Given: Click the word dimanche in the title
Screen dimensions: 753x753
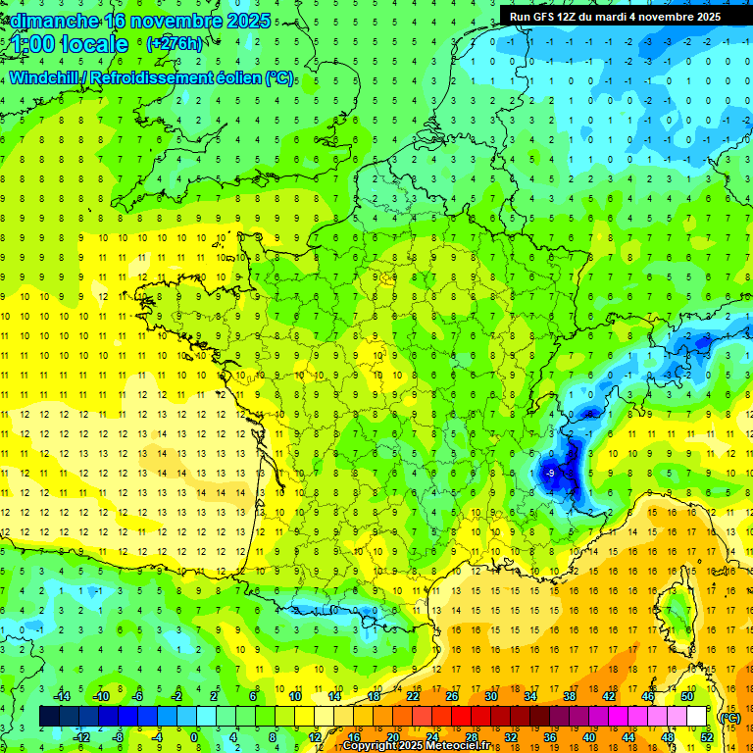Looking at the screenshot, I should click(x=50, y=21).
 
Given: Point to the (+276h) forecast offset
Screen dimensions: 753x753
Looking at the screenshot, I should click(x=175, y=44).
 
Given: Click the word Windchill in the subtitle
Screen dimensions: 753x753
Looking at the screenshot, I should click(x=43, y=77).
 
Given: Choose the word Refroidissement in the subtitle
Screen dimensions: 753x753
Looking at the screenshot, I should click(x=148, y=77).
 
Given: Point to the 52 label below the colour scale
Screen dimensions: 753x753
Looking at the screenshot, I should click(x=706, y=736).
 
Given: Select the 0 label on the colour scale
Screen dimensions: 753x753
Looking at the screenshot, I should click(x=194, y=736).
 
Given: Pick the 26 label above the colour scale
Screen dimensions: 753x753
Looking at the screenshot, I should click(x=451, y=696).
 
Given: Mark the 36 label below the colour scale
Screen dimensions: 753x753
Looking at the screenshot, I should click(x=549, y=736).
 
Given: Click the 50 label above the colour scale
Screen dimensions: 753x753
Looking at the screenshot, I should click(x=686, y=696).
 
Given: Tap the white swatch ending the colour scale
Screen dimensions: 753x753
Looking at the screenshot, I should click(x=696, y=717).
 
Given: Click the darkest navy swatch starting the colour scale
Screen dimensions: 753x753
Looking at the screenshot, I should click(x=49, y=717).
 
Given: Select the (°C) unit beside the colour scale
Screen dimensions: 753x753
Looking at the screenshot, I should click(x=730, y=717).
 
